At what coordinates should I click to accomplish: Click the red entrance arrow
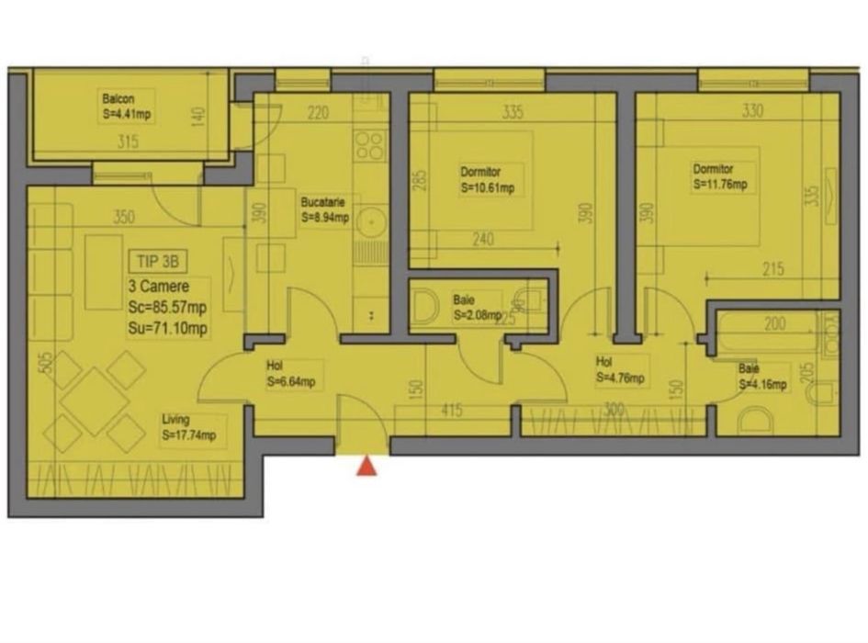coord(366,467)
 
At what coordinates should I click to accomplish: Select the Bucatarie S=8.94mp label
coord(323,210)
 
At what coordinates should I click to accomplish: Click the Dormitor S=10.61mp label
coord(487,180)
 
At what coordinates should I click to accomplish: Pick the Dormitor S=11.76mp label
coord(720,178)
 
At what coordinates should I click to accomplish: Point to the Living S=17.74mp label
coord(187,428)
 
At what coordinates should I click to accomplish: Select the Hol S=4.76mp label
coord(619,370)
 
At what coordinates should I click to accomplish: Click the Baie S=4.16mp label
coord(761,378)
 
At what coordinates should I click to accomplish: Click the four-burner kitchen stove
coord(370,146)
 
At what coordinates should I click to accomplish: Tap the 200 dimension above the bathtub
coord(774,323)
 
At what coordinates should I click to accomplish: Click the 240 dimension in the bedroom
coord(483,241)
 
